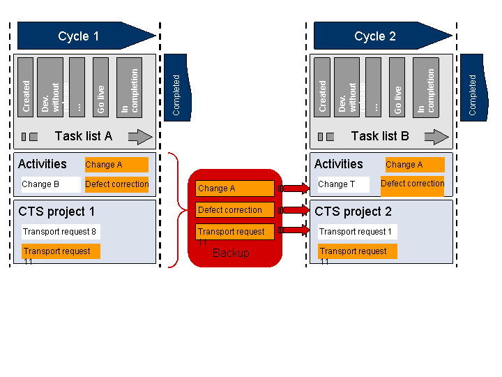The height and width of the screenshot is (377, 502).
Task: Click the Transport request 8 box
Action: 60,232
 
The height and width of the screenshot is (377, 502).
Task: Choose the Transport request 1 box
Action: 356,232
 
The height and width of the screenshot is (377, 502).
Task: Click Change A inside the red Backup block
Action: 234,188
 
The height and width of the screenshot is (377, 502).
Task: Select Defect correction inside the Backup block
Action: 234,210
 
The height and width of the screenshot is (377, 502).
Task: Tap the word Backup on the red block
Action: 231,253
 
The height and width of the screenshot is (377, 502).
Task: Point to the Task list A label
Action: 83,136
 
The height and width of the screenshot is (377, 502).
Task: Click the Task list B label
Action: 380,136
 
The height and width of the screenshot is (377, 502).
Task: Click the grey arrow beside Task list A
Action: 140,137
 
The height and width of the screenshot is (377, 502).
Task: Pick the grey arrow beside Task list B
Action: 436,137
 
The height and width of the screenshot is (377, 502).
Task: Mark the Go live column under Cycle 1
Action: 100,87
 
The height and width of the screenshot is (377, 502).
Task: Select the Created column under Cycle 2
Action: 322,87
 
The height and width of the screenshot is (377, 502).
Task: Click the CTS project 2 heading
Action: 353,212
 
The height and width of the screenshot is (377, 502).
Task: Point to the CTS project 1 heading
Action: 56,212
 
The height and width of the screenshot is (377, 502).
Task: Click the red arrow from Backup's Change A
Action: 294,188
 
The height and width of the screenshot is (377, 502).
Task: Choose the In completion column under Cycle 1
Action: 130,87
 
